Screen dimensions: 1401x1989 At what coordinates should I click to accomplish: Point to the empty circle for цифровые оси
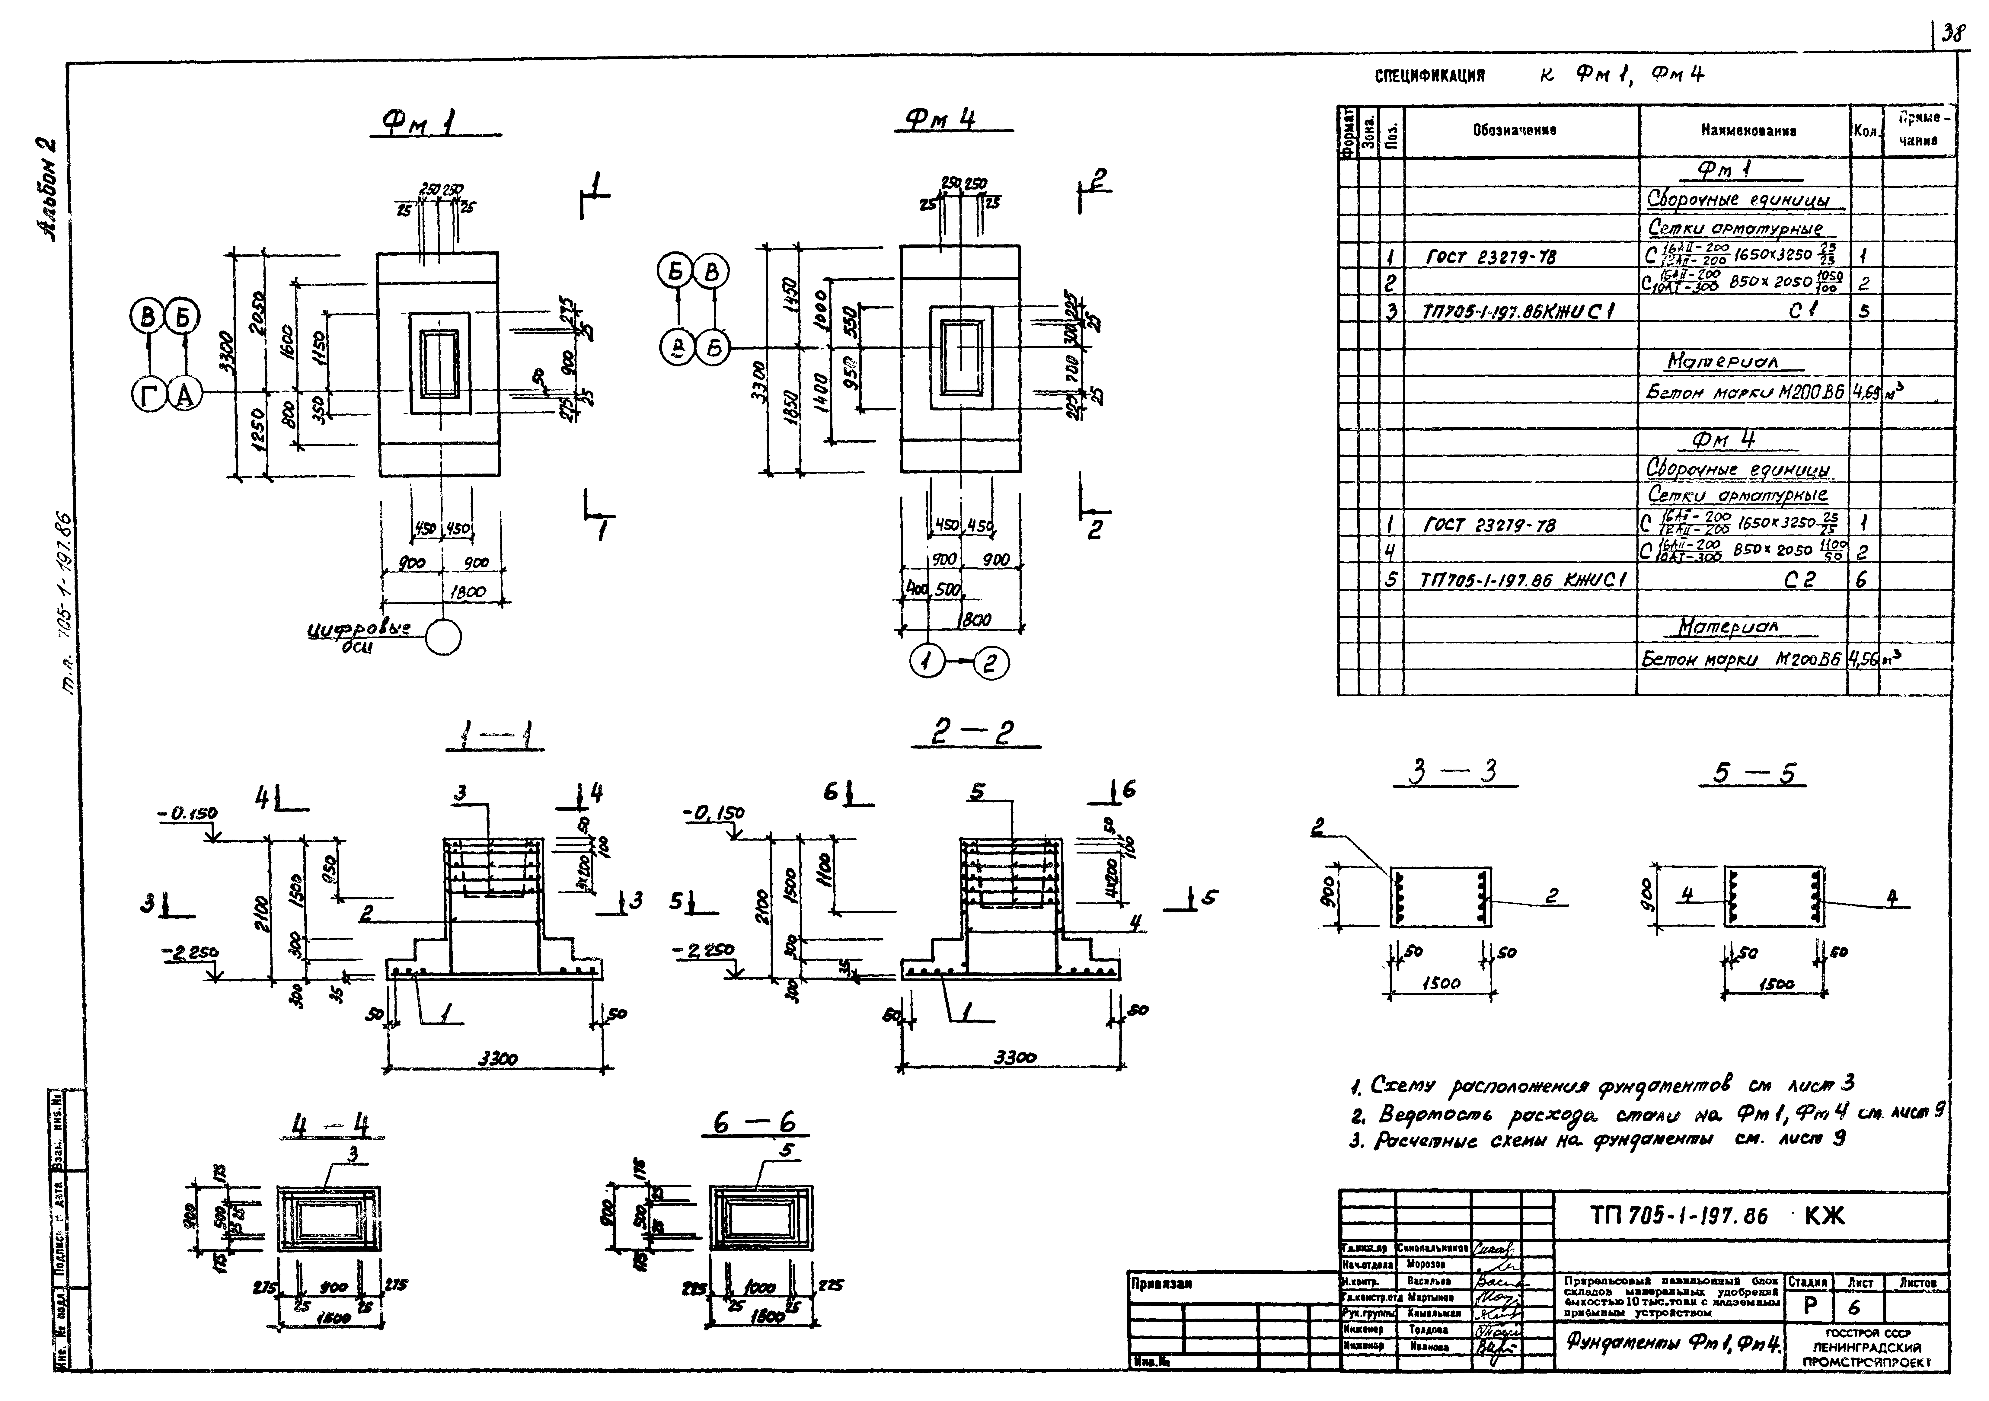coord(444,639)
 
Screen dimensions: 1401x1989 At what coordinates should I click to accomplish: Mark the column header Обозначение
coord(1514,131)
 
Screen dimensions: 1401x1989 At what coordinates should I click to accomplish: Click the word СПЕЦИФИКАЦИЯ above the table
coord(1429,76)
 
